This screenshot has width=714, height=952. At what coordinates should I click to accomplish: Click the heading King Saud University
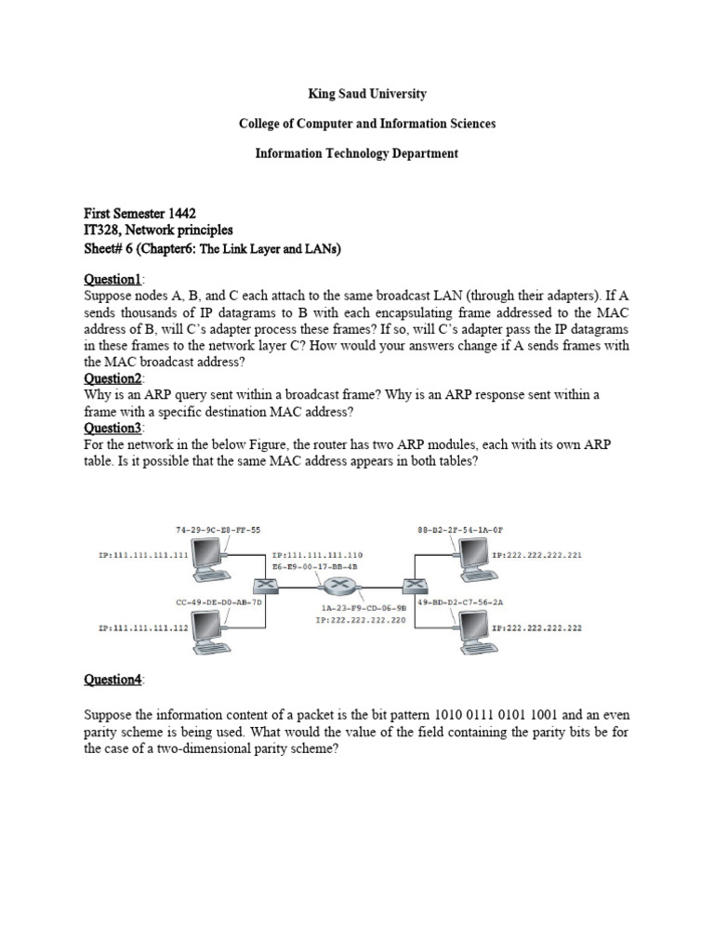[x=357, y=94]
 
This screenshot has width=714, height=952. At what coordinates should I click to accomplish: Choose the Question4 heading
[x=112, y=680]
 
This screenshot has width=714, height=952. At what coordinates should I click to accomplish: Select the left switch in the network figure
[x=266, y=586]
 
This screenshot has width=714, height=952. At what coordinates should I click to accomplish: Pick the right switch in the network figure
[x=412, y=585]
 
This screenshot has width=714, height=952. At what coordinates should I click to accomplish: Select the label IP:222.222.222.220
[x=360, y=617]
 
